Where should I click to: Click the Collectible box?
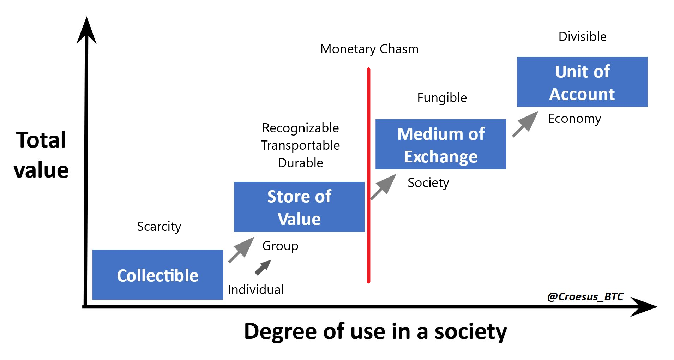point(158,275)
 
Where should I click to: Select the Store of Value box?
point(299,207)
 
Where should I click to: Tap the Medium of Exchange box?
point(441,144)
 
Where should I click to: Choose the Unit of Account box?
point(582,82)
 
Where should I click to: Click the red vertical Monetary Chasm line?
point(368,175)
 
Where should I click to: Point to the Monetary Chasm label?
point(369,49)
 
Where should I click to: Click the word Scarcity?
point(159,227)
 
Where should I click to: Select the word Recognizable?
point(301,128)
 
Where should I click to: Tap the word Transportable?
point(301,145)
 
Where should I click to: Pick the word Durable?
point(301,163)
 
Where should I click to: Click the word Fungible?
point(442,98)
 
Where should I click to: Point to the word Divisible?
point(583,36)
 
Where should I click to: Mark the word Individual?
point(256,290)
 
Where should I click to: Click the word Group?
point(280,246)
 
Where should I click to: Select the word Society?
point(428,183)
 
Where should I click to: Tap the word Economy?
point(574,119)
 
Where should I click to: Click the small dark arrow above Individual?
point(263,268)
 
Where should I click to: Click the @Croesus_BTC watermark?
point(585,297)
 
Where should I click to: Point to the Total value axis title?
point(41,155)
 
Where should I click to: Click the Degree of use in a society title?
point(375,332)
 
